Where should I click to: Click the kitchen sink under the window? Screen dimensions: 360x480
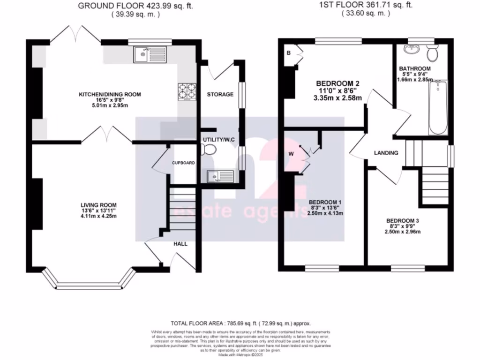tap(147, 55)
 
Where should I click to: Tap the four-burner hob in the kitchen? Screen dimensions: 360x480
tap(186, 91)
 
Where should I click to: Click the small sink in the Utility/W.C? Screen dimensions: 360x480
tap(219, 177)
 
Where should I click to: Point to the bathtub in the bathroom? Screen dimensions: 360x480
tap(438, 107)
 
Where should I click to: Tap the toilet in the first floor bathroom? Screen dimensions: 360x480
tap(433, 53)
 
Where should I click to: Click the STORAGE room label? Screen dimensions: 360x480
tap(220, 94)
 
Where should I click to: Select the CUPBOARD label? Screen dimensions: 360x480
tap(182, 163)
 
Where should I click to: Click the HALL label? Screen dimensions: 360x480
tap(181, 244)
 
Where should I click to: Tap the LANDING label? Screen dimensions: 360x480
tap(386, 153)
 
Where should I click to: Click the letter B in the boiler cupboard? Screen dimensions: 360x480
tap(289, 52)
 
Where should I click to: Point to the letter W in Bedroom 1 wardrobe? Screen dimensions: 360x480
tap(291, 153)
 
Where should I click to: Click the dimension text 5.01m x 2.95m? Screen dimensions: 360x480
tap(110, 105)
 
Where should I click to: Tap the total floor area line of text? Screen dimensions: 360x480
tap(240, 323)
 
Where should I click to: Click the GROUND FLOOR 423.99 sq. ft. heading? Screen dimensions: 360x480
tap(135, 6)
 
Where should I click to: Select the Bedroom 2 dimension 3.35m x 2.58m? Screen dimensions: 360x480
tap(340, 98)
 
